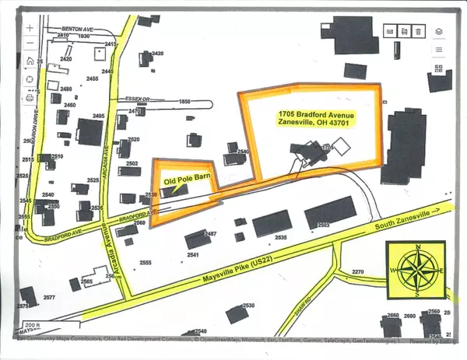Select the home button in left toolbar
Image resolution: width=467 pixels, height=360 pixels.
pos(30,60)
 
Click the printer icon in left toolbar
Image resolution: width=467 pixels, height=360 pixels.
pos(30,98)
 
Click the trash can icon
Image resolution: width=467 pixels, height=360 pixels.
pos(419,31)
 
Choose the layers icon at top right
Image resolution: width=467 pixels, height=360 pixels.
pos(439,31)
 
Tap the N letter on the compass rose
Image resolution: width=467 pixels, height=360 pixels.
pos(419,247)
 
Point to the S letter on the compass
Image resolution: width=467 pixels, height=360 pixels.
pos(419,295)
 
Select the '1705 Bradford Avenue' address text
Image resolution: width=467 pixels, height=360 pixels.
pos(313,113)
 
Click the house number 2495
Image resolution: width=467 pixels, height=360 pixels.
pos(98,117)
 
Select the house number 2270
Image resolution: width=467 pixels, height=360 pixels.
pos(357,271)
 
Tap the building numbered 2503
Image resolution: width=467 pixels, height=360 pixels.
pos(323,224)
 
